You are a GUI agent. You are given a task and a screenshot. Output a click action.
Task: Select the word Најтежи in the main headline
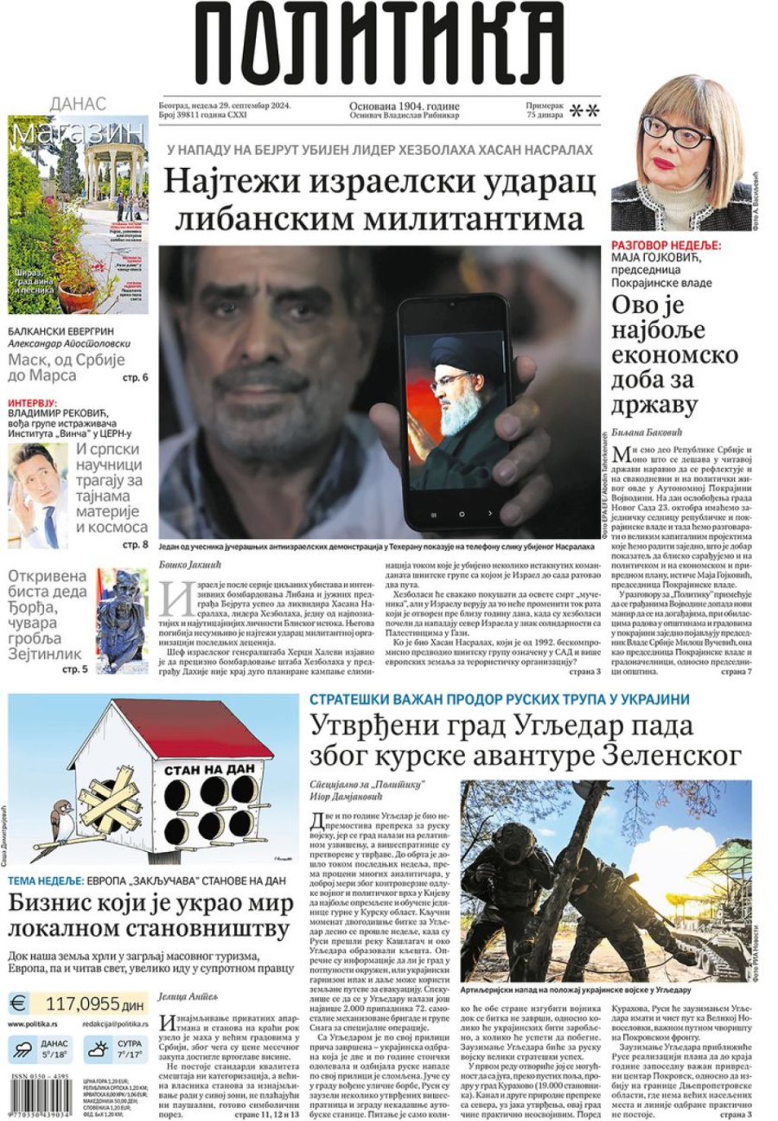229,183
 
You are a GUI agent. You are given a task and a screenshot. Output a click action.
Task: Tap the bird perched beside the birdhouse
61,816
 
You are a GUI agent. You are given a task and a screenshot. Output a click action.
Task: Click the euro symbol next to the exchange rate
19,1004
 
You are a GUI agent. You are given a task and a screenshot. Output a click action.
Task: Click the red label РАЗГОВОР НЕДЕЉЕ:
666,246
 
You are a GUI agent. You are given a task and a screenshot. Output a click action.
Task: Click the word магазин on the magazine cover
78,132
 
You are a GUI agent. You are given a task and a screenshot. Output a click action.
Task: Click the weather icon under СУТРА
99,1050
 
